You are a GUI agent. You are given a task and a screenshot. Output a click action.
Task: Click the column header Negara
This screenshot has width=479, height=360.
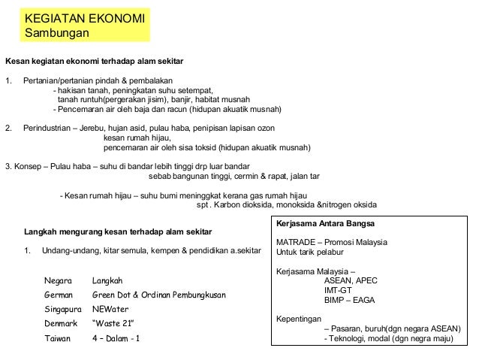[x=59, y=280]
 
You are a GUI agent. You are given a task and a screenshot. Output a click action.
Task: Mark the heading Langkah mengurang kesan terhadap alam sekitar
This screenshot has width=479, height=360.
[x=118, y=231]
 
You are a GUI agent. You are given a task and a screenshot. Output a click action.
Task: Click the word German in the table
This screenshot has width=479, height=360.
[x=60, y=295]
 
